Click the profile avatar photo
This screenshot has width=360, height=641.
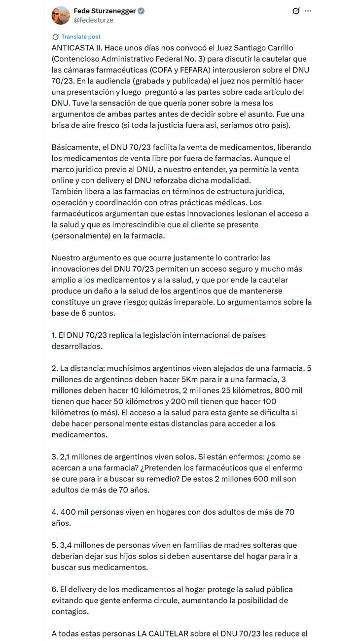[61, 15]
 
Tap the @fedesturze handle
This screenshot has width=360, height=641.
[93, 20]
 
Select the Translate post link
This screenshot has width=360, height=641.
[81, 36]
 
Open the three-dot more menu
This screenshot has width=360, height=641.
[308, 11]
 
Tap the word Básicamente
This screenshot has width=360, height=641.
[75, 147]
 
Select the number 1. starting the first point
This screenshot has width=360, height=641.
[54, 335]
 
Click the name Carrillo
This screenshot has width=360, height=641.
[280, 48]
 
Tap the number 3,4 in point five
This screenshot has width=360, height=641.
[64, 545]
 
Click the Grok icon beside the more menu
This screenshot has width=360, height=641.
[295, 11]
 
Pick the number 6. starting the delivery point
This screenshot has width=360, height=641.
[55, 589]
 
